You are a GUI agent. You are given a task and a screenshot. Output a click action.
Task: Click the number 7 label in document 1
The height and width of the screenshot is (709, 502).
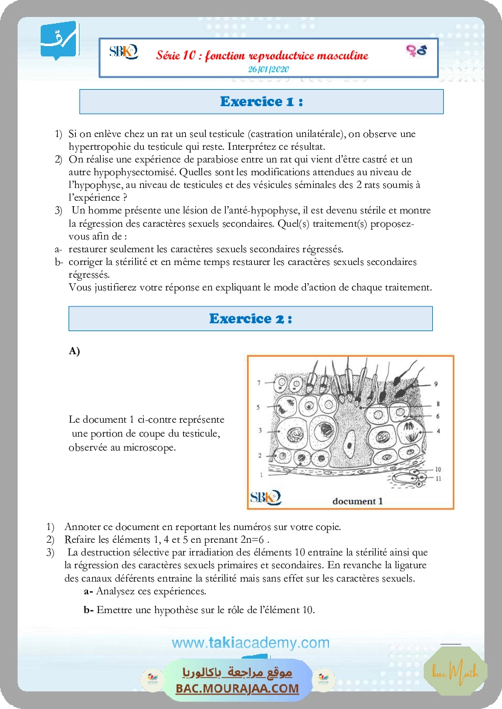point(258,383)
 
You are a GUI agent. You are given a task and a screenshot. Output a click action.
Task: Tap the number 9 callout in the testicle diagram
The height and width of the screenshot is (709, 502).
point(435,383)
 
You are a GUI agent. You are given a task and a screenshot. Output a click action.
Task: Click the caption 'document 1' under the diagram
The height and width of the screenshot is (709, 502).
point(358,501)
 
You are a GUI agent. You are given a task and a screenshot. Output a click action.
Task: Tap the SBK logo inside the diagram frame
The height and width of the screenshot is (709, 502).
point(265,497)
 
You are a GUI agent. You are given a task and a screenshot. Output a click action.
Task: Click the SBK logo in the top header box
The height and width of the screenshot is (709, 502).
point(123,51)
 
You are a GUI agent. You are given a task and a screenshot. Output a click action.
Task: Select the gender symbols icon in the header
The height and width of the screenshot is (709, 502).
point(416,50)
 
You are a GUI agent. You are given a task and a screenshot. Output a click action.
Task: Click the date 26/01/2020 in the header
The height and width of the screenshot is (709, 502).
point(268,69)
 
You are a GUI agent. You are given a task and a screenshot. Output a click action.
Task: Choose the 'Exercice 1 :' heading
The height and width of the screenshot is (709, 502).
point(261,102)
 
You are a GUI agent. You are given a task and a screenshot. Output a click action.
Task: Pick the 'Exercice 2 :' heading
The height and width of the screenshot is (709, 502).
point(250,318)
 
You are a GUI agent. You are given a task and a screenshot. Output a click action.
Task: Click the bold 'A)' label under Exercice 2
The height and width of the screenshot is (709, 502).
point(75,351)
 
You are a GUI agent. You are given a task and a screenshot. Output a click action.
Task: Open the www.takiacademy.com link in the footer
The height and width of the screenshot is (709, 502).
point(250,643)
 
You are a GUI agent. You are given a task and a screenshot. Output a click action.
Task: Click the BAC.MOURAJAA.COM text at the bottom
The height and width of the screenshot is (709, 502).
point(237,688)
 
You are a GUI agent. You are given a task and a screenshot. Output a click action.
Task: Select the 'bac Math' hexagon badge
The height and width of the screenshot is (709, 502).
point(464,672)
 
